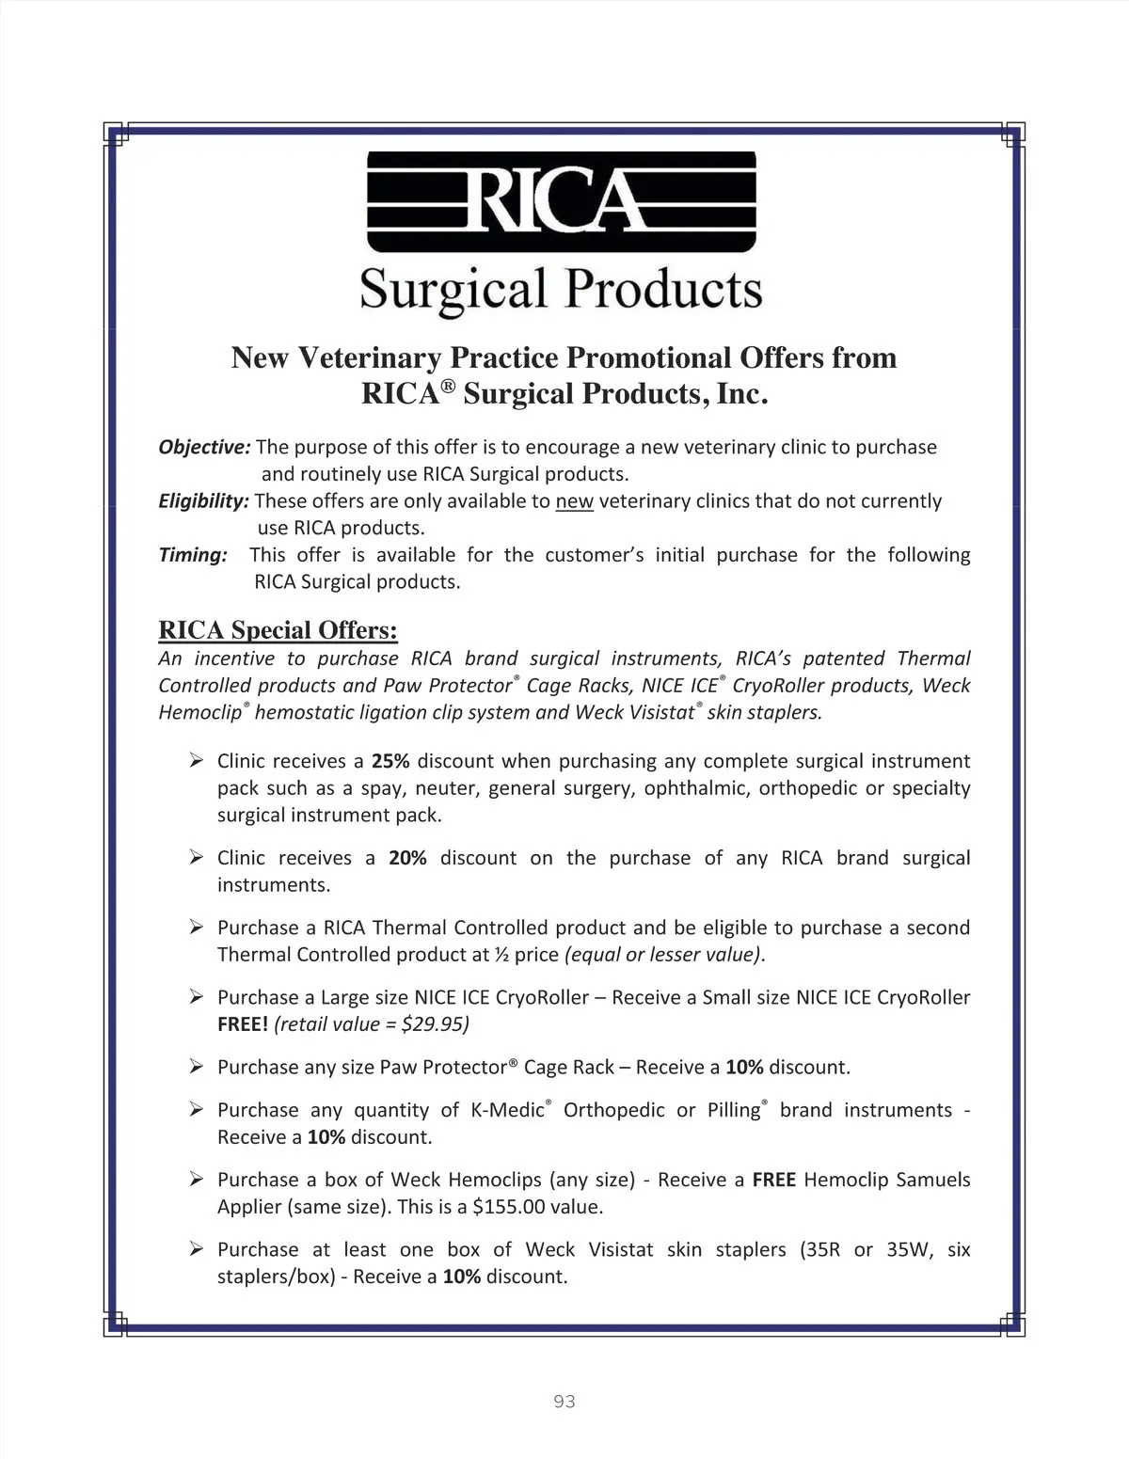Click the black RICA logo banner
[x=561, y=202]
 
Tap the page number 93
[x=564, y=1402]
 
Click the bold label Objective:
[x=204, y=447]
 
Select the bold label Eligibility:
[x=203, y=500]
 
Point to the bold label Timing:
[x=193, y=555]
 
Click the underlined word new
[x=574, y=500]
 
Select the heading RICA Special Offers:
[x=278, y=629]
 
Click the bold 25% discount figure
[x=390, y=761]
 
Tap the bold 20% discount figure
[x=407, y=858]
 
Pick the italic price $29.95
[x=435, y=1024]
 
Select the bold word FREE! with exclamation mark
[x=243, y=1024]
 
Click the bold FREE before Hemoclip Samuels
[x=774, y=1180]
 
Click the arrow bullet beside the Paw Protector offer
[x=196, y=1066]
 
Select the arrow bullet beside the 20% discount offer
[x=196, y=857]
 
